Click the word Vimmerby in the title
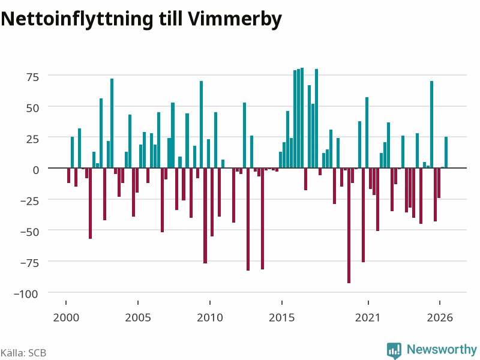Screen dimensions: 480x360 pyautogui.click(x=235, y=19)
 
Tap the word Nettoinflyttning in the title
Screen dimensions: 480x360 pyautogui.click(x=77, y=19)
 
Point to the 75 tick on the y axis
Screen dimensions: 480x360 pyautogui.click(x=33, y=77)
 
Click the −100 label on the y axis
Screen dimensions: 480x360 pyautogui.click(x=26, y=294)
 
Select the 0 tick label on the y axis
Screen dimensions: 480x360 pyautogui.click(x=36, y=170)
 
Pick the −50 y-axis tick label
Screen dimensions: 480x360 pyautogui.click(x=29, y=232)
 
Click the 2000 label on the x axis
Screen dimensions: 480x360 pyautogui.click(x=66, y=317)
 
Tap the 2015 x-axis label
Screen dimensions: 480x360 pyautogui.click(x=281, y=317)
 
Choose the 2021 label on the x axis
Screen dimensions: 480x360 pyautogui.click(x=368, y=317)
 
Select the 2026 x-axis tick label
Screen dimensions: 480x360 pyautogui.click(x=440, y=317)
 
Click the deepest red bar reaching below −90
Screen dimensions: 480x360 pyautogui.click(x=349, y=226)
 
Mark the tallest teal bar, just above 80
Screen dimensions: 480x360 pyautogui.click(x=302, y=118)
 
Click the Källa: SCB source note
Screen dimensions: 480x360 pyautogui.click(x=23, y=353)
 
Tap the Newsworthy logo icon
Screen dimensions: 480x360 pyautogui.click(x=394, y=350)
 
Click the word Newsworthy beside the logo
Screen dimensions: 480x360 pyautogui.click(x=442, y=349)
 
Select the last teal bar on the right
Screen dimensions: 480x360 pyautogui.click(x=446, y=152)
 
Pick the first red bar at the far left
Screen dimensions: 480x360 pyautogui.click(x=69, y=175)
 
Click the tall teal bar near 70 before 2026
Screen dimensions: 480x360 pyautogui.click(x=431, y=125)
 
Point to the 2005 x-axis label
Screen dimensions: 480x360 pyautogui.click(x=138, y=317)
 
